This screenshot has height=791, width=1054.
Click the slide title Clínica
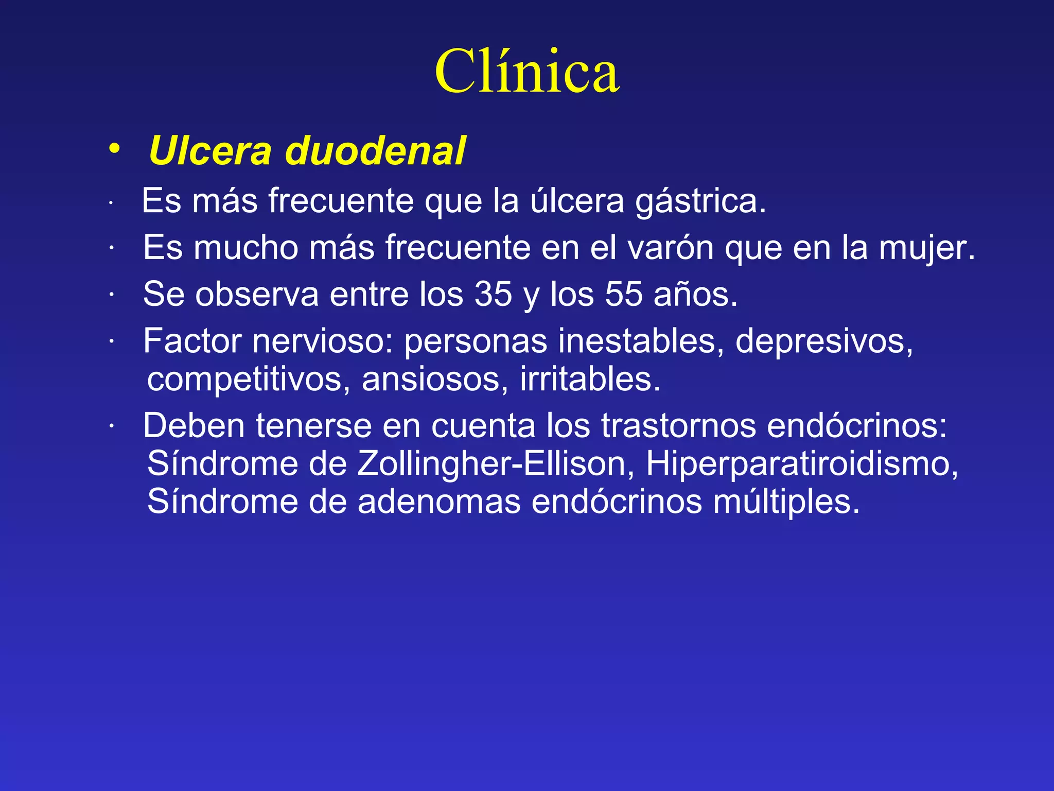[526, 72]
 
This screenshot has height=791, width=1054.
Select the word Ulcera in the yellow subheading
[210, 151]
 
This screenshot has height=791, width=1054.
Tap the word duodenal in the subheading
[375, 151]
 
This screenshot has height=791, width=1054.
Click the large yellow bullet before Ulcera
[115, 148]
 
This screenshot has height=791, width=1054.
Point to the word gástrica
[700, 201]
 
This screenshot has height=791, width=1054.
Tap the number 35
[493, 295]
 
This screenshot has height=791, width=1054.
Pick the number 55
[623, 295]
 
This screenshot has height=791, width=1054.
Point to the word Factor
[192, 341]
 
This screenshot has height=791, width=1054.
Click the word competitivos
[249, 380]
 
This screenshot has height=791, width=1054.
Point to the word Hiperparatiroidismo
[802, 464]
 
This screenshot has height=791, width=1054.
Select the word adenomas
[439, 502]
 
